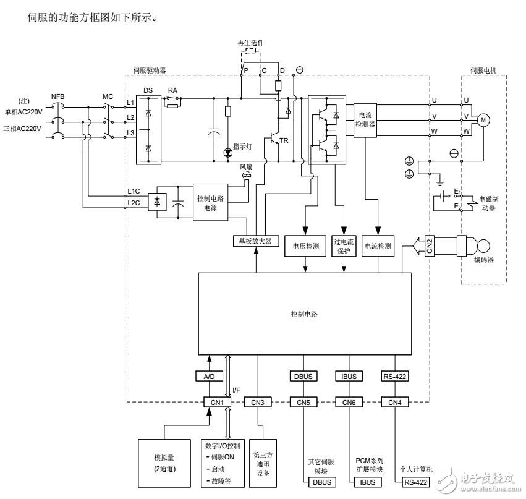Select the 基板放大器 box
tap(255, 241)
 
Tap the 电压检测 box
tap(305, 245)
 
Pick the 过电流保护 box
tap(344, 245)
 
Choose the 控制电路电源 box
tap(211, 202)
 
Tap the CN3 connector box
tap(258, 403)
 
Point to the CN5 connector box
tap(303, 403)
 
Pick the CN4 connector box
tap(395, 403)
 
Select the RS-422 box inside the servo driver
tap(395, 376)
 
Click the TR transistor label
tap(284, 140)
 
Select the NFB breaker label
tap(57, 96)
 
